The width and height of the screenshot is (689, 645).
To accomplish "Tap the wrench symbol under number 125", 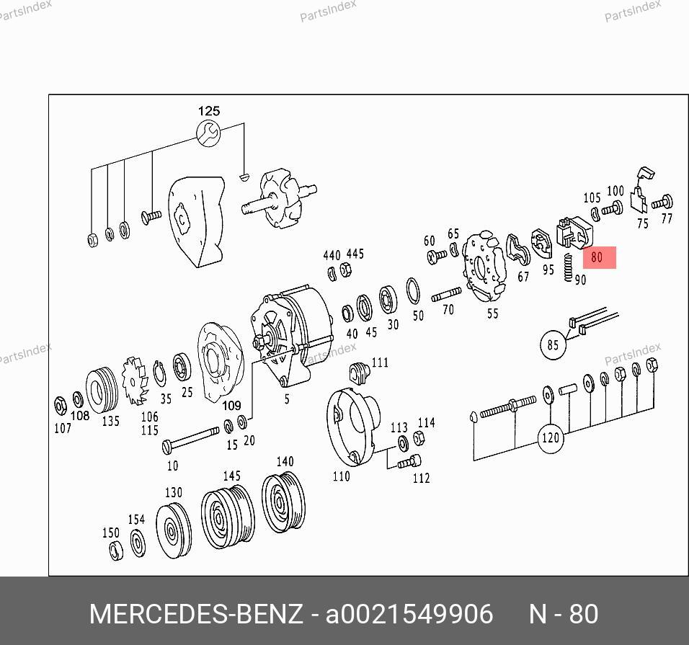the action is point(208,133).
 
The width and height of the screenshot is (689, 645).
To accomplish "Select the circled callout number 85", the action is point(553,345).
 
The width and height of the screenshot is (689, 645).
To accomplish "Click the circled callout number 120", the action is point(551,437).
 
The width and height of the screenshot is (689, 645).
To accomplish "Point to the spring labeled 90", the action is point(568,267).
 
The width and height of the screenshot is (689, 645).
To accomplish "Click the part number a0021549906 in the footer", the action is point(409,614).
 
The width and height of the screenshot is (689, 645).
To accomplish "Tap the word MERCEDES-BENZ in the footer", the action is point(196,614).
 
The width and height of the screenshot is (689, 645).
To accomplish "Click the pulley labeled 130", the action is point(174,530).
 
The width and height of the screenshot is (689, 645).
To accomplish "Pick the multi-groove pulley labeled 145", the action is point(228,516).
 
